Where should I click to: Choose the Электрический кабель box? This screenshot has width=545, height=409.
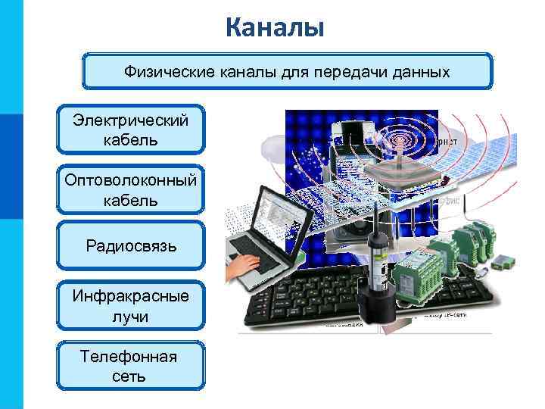[131, 130]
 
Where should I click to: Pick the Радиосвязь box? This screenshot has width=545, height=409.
[131, 246]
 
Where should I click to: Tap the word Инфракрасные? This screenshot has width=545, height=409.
[131, 296]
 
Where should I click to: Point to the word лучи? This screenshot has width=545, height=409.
[131, 316]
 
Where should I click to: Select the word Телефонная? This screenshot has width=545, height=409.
[131, 357]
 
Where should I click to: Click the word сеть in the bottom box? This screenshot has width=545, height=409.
[131, 376]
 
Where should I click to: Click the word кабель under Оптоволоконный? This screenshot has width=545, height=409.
[131, 200]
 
